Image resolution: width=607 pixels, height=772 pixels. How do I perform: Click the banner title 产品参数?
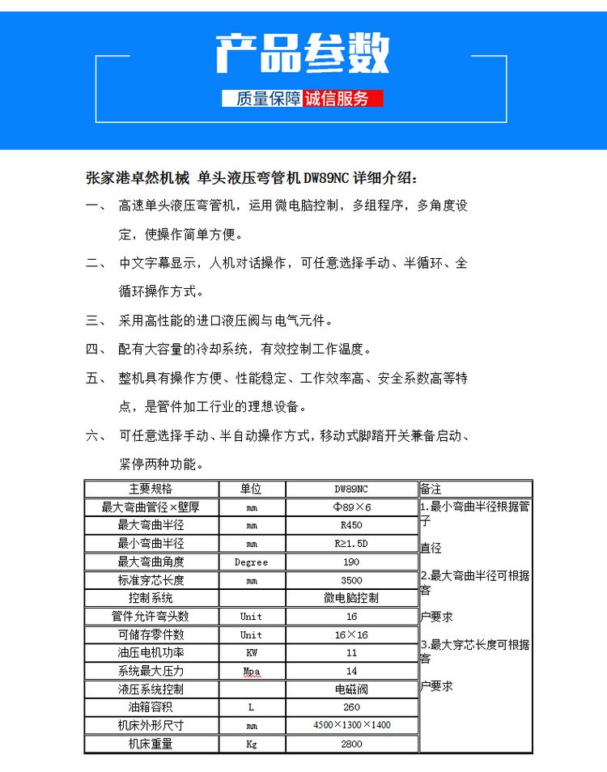302,54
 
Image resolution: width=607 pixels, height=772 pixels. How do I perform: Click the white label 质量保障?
263,99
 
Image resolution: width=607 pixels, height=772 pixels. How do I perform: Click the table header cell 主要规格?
151,489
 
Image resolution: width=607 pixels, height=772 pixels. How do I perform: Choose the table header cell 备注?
431,489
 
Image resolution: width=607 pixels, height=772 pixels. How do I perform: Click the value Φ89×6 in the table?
351,507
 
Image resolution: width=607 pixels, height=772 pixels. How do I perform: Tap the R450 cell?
351,526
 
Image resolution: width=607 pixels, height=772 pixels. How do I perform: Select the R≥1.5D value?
351,544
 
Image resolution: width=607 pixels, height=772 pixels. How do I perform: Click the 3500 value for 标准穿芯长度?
351,580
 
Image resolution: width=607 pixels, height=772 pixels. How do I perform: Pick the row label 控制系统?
151,598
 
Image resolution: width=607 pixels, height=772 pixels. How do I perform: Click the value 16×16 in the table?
351,634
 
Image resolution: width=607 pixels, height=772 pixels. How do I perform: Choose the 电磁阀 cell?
351,689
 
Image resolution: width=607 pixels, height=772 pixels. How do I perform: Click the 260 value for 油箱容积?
351,707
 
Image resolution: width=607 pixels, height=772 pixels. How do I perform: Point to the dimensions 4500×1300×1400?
351,725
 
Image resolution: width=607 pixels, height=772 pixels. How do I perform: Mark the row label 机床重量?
151,744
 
